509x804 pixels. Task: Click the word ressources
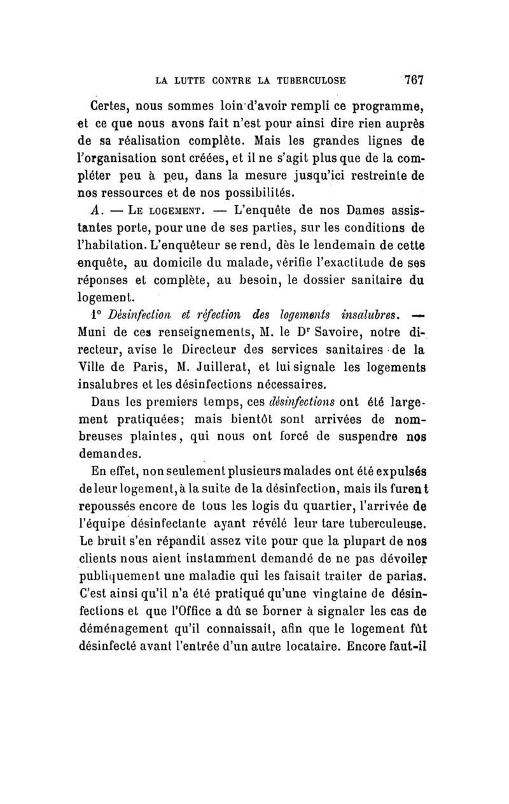tap(136, 192)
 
